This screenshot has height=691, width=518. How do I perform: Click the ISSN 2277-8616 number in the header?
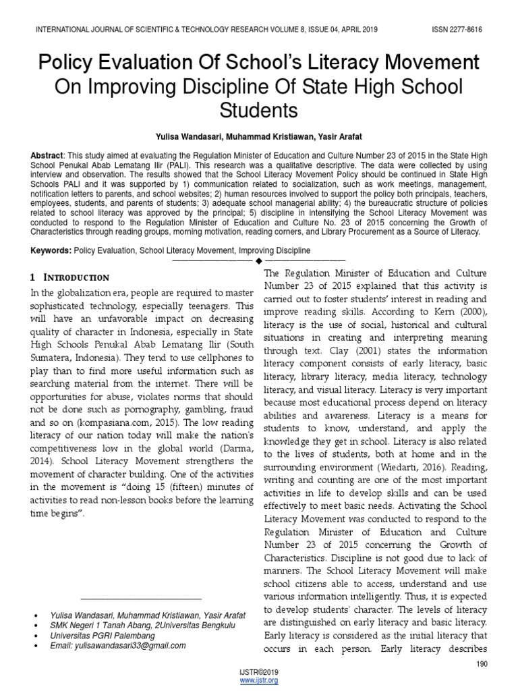point(456,30)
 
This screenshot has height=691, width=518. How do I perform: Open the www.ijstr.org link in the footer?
point(259,680)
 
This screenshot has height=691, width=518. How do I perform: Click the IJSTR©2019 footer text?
point(259,673)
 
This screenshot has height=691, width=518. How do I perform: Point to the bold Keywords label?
point(49,250)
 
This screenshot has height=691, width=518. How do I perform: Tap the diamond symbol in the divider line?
point(258,260)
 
